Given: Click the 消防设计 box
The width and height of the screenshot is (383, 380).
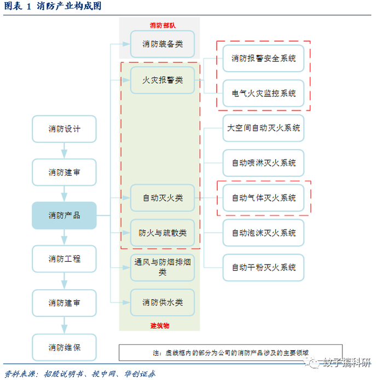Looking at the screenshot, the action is (x=64, y=129).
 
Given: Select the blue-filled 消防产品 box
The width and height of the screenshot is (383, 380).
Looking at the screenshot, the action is (x=64, y=215).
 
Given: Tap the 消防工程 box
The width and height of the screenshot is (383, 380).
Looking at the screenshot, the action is (x=64, y=258).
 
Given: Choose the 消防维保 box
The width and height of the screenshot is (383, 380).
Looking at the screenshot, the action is (x=64, y=347).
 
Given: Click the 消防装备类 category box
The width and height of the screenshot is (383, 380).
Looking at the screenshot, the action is (x=163, y=44).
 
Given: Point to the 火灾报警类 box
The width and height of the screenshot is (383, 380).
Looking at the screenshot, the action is (x=163, y=80).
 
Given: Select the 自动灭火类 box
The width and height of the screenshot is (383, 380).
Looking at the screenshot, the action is (x=163, y=198).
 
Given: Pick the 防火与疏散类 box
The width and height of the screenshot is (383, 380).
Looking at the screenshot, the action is (x=163, y=233).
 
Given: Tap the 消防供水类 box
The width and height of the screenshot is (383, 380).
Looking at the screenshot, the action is (x=163, y=303).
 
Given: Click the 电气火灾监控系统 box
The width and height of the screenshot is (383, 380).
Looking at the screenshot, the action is (x=263, y=93).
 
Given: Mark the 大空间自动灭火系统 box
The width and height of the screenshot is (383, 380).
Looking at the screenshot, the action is (x=263, y=128).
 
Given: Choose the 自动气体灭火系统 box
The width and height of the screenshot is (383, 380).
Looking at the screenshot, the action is (x=263, y=198).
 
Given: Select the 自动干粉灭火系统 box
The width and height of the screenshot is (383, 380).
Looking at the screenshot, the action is (x=263, y=268).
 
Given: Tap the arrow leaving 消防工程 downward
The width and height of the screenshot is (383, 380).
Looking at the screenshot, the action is (x=64, y=280).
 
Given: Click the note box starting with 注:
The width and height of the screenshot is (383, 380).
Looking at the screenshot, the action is (x=230, y=353).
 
